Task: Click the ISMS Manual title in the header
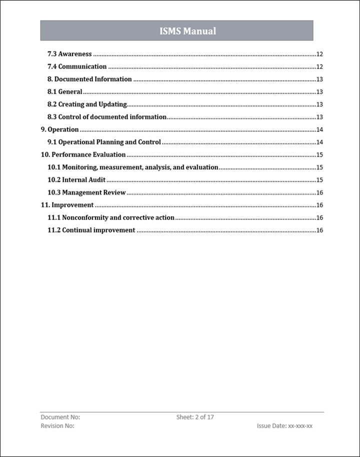click(187, 31)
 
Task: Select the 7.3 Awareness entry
click(69, 54)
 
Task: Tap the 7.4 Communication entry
click(77, 66)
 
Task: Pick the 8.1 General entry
click(64, 91)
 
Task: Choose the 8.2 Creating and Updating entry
click(87, 104)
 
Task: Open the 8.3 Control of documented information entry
click(106, 117)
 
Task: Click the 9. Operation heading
click(59, 129)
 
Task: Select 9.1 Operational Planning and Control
click(104, 142)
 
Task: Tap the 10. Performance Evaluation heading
click(83, 154)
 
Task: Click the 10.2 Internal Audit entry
click(76, 180)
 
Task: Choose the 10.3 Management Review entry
click(86, 192)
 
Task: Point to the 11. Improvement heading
click(67, 205)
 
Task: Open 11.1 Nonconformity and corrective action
click(111, 217)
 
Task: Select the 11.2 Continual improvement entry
click(91, 230)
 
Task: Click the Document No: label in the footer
click(60, 417)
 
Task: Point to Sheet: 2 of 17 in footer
click(195, 417)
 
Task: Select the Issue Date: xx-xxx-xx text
click(284, 426)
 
